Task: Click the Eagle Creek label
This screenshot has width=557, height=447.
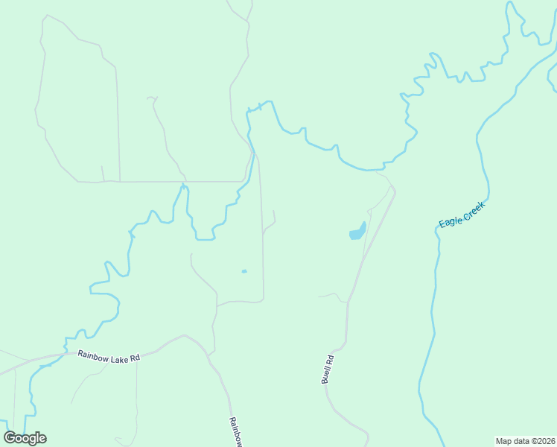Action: click(462, 215)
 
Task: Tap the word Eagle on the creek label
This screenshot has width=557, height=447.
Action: click(451, 221)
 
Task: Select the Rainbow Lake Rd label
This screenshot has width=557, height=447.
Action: click(109, 358)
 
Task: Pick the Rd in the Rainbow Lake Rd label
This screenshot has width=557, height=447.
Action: click(134, 359)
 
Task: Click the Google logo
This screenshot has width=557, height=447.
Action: click(25, 437)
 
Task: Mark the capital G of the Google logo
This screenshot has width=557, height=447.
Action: click(10, 437)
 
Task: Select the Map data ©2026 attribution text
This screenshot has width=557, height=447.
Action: click(524, 441)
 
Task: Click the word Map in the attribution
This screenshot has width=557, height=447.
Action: click(503, 441)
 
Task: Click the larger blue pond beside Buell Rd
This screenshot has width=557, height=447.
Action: click(357, 232)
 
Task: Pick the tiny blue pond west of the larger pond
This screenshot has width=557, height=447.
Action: click(244, 271)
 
